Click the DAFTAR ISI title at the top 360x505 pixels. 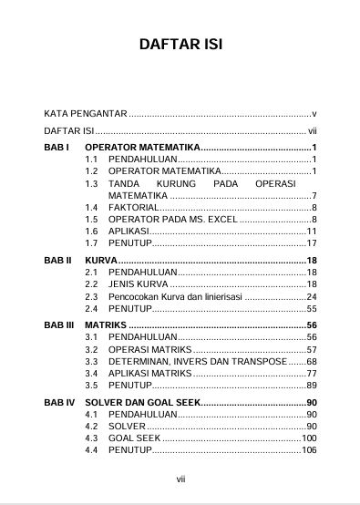coord(180,45)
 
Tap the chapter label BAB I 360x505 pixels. coord(57,147)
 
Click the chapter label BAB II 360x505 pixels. coord(58,261)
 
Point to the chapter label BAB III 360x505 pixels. coord(60,325)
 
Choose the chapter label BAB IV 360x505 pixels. coord(60,402)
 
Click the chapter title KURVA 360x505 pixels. coord(102,261)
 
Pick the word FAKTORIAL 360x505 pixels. coord(133,208)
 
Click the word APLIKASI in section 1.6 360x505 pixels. coord(129,232)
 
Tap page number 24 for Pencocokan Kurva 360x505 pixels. coord(311,297)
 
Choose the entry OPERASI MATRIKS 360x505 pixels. coord(149,349)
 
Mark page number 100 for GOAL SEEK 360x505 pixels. coord(309,438)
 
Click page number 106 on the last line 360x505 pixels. coord(309,450)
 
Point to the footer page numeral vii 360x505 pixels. coord(180,477)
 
